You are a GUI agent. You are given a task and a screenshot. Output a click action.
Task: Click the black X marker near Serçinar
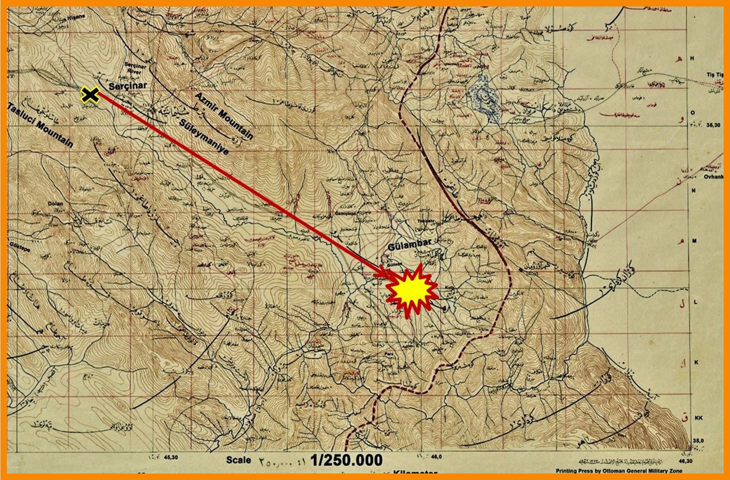click(90, 95)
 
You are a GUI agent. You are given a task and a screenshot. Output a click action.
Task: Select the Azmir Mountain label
click(224, 116)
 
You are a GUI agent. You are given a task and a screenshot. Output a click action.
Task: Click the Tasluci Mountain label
click(40, 124)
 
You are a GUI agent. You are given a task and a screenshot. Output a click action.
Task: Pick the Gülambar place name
click(410, 245)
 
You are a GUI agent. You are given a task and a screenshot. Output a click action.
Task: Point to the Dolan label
click(55, 204)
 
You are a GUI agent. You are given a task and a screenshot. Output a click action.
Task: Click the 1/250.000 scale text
click(346, 460)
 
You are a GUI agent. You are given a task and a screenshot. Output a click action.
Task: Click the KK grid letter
click(698, 418)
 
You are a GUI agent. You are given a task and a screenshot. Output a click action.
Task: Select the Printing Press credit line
click(619, 471)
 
